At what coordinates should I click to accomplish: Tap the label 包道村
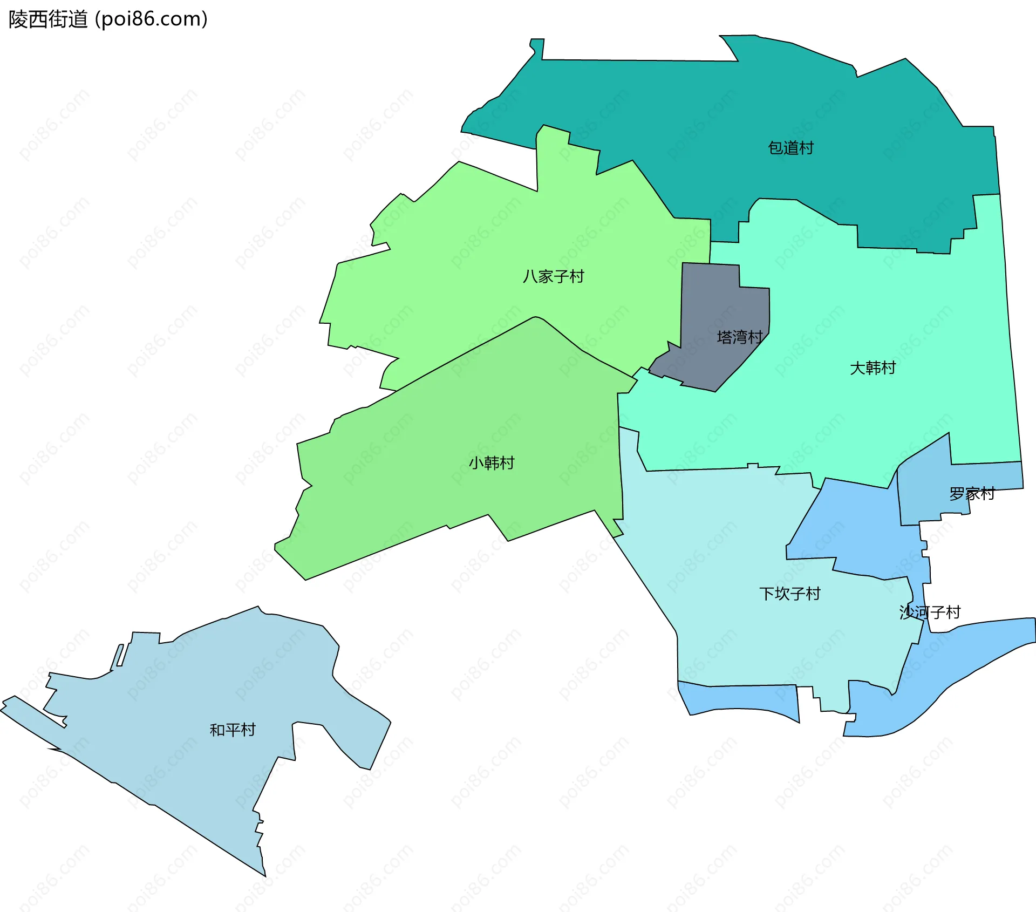(790, 148)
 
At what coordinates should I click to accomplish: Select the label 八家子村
(553, 276)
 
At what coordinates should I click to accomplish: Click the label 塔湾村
(739, 337)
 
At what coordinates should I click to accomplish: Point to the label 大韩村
(873, 368)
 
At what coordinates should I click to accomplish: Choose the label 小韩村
(491, 463)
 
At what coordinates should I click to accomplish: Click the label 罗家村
(972, 494)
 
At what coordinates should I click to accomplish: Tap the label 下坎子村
(789, 594)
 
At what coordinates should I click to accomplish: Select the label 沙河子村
(930, 612)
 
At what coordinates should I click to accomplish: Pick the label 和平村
(232, 730)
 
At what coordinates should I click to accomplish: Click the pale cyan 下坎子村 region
(728, 567)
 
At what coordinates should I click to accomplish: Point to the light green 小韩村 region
(432, 486)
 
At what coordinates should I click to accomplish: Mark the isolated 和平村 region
(189, 702)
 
